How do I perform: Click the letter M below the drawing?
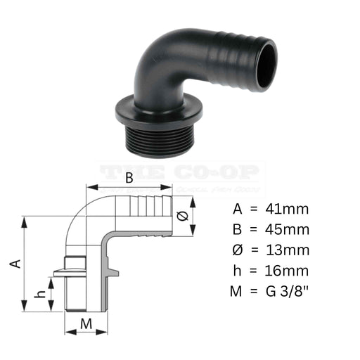(85, 323)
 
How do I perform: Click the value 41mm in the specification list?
(287, 209)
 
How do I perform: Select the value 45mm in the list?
(287, 229)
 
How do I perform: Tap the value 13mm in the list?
(287, 250)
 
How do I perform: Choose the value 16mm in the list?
(287, 271)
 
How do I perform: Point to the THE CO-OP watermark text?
(180, 172)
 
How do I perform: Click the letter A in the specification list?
(237, 209)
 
